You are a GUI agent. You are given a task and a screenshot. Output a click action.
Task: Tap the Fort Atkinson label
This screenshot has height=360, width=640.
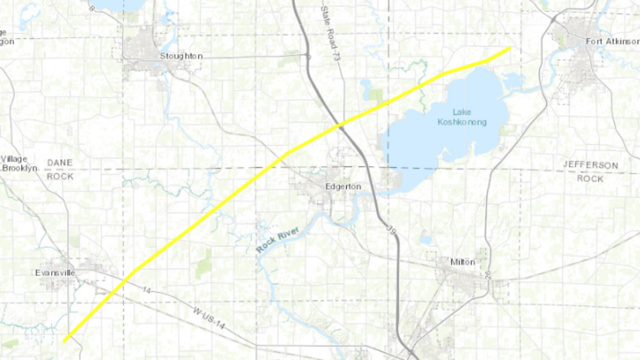click(x=611, y=41)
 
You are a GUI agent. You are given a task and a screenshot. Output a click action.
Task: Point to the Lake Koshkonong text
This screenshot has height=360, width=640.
click(x=461, y=117)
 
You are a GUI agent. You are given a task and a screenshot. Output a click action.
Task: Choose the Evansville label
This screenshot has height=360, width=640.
click(x=55, y=274)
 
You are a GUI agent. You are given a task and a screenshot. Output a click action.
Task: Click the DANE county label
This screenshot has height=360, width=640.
click(x=60, y=164)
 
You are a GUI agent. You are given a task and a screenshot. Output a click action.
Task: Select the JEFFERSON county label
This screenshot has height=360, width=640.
click(x=590, y=166)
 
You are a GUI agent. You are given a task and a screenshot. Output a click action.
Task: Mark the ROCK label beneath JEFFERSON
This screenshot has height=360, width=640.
click(x=590, y=178)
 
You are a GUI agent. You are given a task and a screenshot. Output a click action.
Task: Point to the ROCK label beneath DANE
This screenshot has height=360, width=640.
click(x=60, y=176)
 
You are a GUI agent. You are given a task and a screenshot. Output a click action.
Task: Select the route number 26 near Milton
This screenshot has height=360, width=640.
click(x=487, y=274)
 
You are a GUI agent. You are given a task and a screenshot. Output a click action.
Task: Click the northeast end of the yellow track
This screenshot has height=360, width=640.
click(x=510, y=48)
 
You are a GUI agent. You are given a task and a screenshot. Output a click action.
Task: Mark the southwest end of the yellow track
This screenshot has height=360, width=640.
click(x=65, y=340)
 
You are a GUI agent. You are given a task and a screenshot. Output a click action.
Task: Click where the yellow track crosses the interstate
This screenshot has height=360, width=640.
click(x=341, y=125)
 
